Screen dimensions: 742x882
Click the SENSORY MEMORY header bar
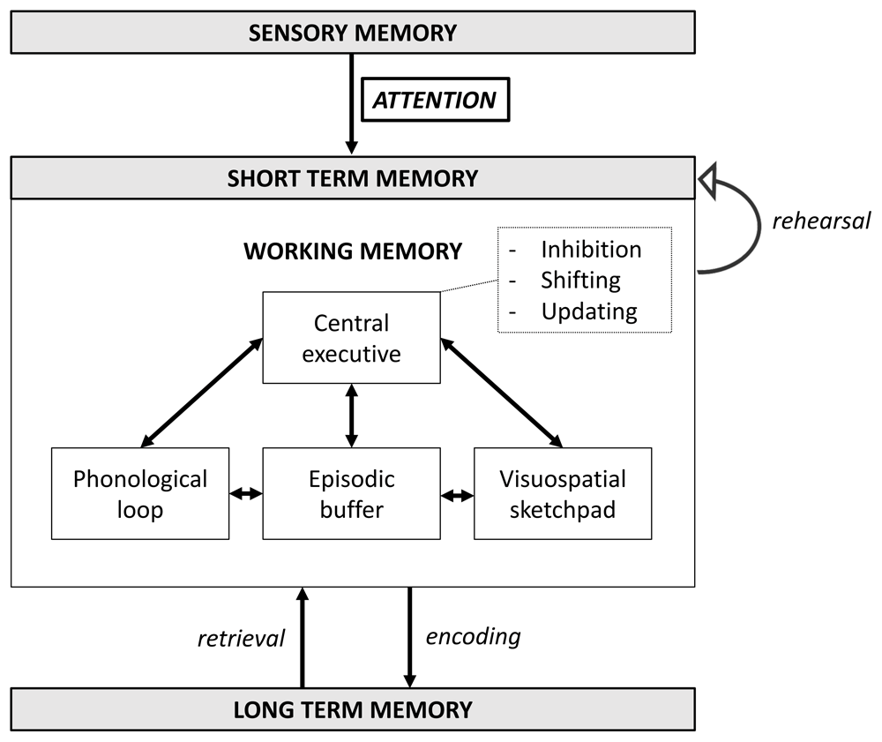tap(353, 34)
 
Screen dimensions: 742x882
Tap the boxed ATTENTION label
tap(434, 101)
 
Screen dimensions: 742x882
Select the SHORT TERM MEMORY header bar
tap(353, 178)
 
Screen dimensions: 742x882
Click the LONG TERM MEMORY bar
tap(353, 709)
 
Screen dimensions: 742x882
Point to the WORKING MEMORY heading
tap(353, 251)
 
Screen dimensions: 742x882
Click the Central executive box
tap(351, 337)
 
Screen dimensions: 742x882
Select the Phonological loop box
tap(140, 493)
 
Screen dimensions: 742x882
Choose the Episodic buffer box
tap(351, 493)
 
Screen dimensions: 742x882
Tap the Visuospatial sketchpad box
tap(563, 493)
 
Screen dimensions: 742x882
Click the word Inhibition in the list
tap(591, 250)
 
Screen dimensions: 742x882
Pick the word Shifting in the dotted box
tap(580, 281)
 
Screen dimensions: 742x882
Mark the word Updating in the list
tap(588, 311)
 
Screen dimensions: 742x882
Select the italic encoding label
tap(473, 636)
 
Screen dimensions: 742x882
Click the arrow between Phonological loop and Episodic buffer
tap(246, 495)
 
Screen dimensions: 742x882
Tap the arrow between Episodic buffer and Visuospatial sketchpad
tap(457, 496)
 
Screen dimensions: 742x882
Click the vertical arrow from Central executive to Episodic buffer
tap(351, 416)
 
